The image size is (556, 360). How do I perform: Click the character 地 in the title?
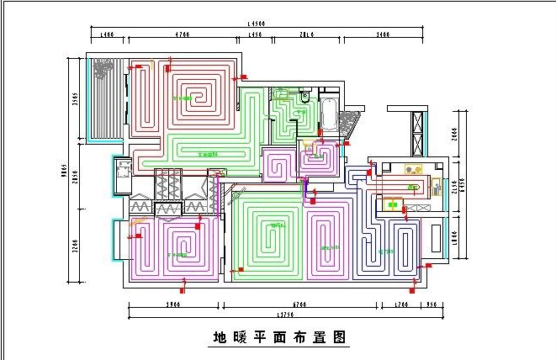tap(219, 338)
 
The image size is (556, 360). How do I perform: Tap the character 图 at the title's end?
tap(340, 338)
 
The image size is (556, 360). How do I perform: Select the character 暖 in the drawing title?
tap(243, 338)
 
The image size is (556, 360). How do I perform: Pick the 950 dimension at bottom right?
tap(432, 304)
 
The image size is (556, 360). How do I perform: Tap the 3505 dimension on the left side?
tap(75, 99)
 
